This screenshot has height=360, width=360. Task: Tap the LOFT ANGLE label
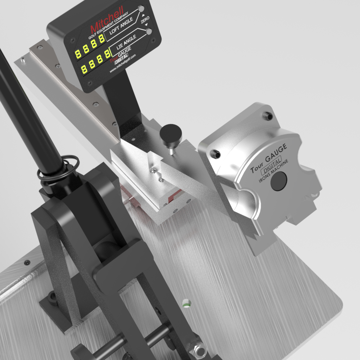tap(121, 26)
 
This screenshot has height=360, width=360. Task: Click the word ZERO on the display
tap(145, 20)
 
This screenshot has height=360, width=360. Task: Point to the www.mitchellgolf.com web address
tap(122, 63)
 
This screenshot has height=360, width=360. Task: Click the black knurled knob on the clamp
tap(171, 134)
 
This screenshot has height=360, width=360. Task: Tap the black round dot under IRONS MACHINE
tap(279, 181)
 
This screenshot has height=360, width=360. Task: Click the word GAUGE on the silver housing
tap(276, 153)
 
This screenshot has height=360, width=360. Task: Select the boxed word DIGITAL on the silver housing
tap(271, 166)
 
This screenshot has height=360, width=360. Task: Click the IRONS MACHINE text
tap(273, 171)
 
